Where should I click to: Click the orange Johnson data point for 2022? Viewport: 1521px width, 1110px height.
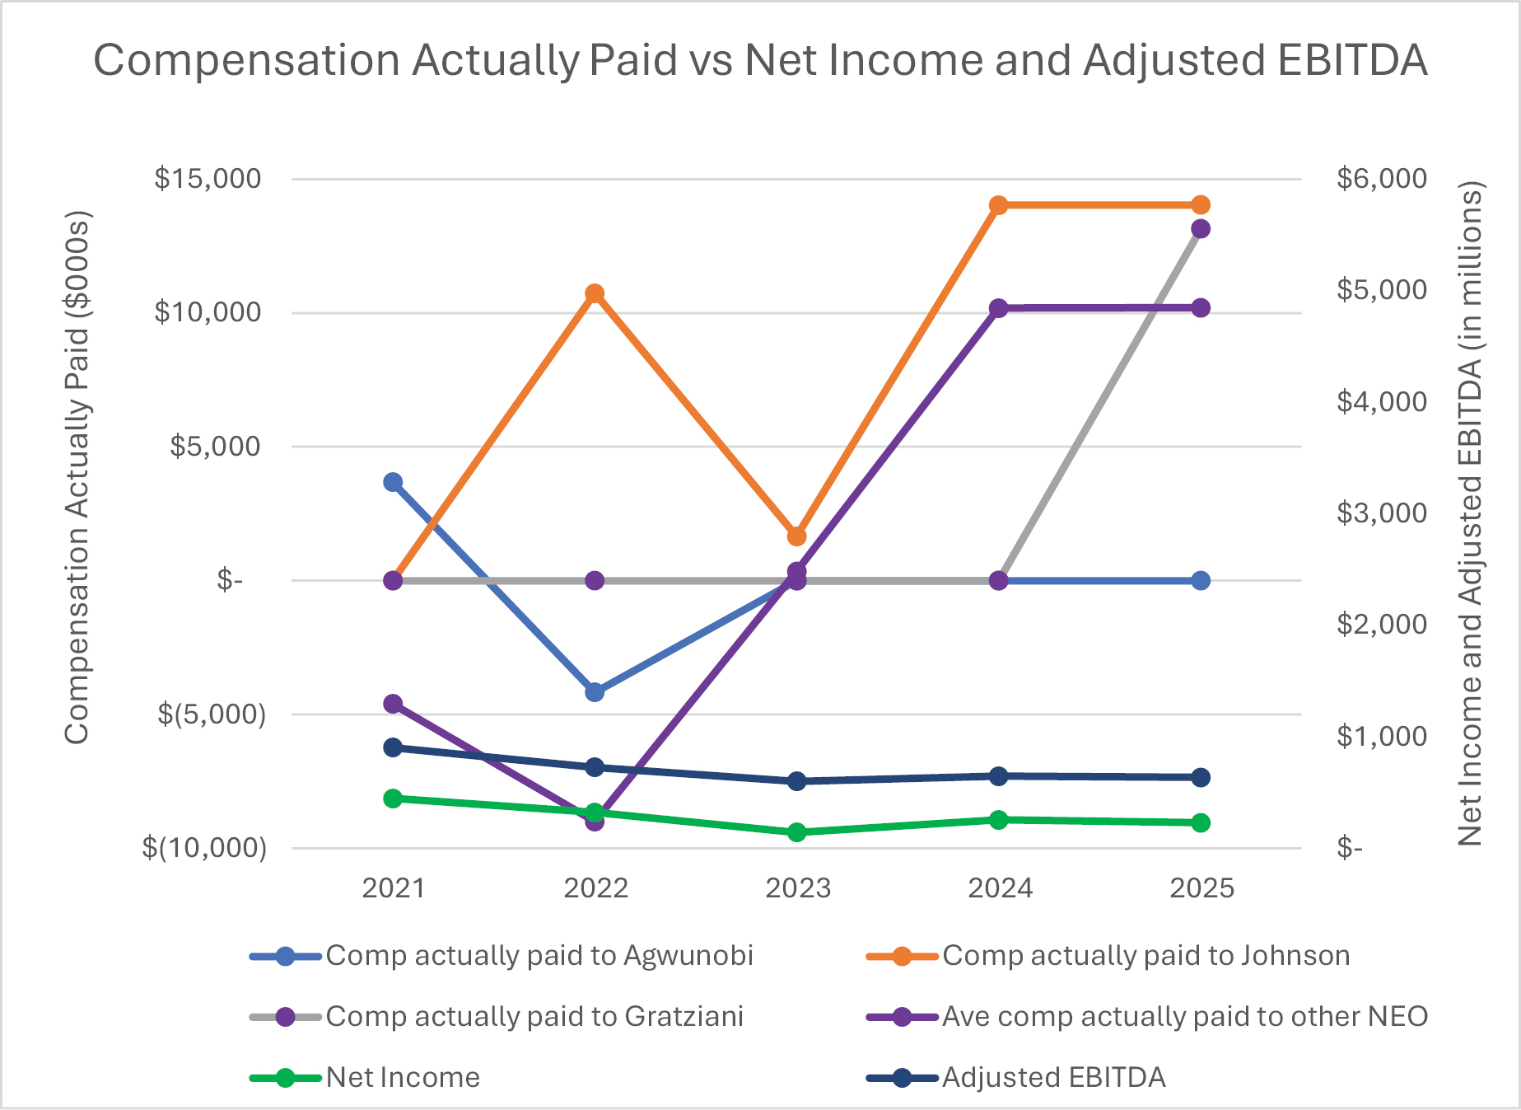click(x=595, y=294)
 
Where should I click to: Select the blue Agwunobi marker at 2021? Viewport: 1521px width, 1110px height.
click(x=393, y=482)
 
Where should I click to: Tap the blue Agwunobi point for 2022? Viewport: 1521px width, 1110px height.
click(x=595, y=692)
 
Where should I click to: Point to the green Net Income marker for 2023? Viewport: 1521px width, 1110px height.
click(x=796, y=832)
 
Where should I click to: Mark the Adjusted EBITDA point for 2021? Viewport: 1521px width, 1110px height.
click(x=393, y=747)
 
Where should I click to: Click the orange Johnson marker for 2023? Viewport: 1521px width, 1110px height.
click(x=796, y=536)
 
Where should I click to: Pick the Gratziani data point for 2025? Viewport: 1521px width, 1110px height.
click(x=1201, y=229)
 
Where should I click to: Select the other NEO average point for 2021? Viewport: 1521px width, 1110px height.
click(x=393, y=704)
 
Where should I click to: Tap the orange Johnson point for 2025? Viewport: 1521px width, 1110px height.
click(x=1201, y=205)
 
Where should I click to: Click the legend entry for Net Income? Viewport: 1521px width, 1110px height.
click(x=403, y=1077)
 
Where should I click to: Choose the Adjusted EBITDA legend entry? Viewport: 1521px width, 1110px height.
click(x=1053, y=1077)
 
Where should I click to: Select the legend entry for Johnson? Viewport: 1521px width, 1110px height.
click(x=1145, y=955)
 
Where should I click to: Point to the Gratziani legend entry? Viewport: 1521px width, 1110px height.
click(x=534, y=1016)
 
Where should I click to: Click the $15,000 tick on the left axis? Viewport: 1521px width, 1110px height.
click(x=208, y=178)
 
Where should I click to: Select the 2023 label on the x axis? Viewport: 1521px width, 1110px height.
click(x=797, y=888)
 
